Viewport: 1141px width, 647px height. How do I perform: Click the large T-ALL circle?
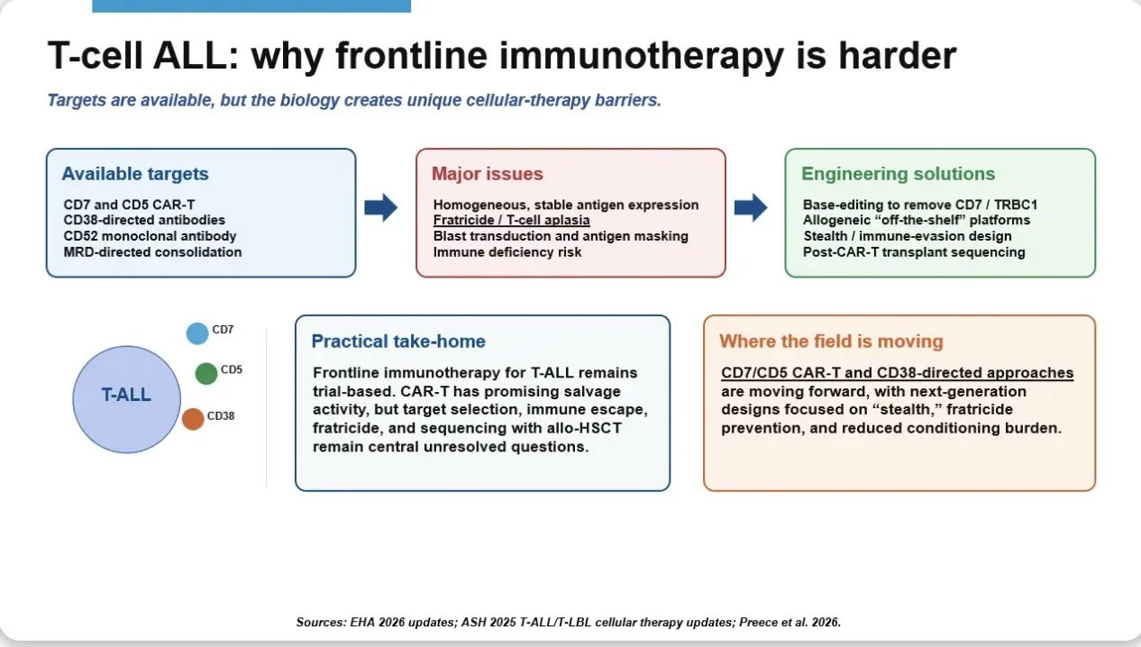click(126, 399)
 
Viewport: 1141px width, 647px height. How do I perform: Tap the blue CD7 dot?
click(197, 333)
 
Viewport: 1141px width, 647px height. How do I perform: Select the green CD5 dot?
click(206, 373)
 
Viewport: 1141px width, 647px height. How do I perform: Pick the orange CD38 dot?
click(193, 419)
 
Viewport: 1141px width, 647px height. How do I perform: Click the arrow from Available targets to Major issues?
click(380, 207)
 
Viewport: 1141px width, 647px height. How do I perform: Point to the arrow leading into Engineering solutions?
click(751, 207)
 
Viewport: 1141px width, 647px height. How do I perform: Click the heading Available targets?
click(135, 174)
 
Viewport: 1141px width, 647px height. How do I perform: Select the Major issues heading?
click(488, 174)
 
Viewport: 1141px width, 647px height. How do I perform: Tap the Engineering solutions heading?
click(898, 174)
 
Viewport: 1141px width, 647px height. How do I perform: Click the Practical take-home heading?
click(398, 342)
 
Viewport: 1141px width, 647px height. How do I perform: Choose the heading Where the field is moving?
click(831, 342)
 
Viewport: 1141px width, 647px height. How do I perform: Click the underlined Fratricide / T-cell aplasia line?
click(511, 220)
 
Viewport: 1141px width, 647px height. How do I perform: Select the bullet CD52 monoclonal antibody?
click(150, 236)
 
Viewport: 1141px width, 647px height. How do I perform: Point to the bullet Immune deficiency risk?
click(507, 252)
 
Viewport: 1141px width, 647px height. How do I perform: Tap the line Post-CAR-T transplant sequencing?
click(914, 252)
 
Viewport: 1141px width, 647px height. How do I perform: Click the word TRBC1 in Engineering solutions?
click(1016, 205)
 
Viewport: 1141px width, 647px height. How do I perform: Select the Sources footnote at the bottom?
click(569, 622)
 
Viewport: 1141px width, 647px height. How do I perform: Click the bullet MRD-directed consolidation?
click(152, 252)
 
